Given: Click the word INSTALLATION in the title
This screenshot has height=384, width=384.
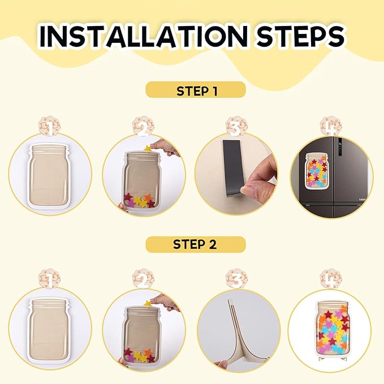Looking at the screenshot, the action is coord(144,36).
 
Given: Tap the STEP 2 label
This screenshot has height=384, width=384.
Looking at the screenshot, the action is coord(195,244).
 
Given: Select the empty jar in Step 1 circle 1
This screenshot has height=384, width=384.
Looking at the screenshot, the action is coord(49,176).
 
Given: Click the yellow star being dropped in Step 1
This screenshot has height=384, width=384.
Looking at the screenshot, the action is coord(148,148).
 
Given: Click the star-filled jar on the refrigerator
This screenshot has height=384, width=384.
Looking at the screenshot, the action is coord(318,171).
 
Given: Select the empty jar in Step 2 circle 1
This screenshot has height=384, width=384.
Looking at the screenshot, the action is coord(49,329).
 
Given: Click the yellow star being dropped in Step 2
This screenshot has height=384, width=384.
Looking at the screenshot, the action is coord(148,303).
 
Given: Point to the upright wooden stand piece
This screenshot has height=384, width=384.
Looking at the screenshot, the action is coord(236,333).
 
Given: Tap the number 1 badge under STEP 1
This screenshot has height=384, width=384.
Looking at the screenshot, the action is coord(50,127).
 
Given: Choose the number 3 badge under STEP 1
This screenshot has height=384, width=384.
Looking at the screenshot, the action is coord(236,127).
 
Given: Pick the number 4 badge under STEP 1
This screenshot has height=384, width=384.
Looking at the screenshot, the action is coord(331,126).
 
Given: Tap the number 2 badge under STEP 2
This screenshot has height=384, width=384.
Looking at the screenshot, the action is coord(143,279).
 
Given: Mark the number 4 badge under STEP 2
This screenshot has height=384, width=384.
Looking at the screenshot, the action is coord(331,279).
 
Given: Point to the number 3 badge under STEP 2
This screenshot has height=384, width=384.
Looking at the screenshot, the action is coord(236,279).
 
